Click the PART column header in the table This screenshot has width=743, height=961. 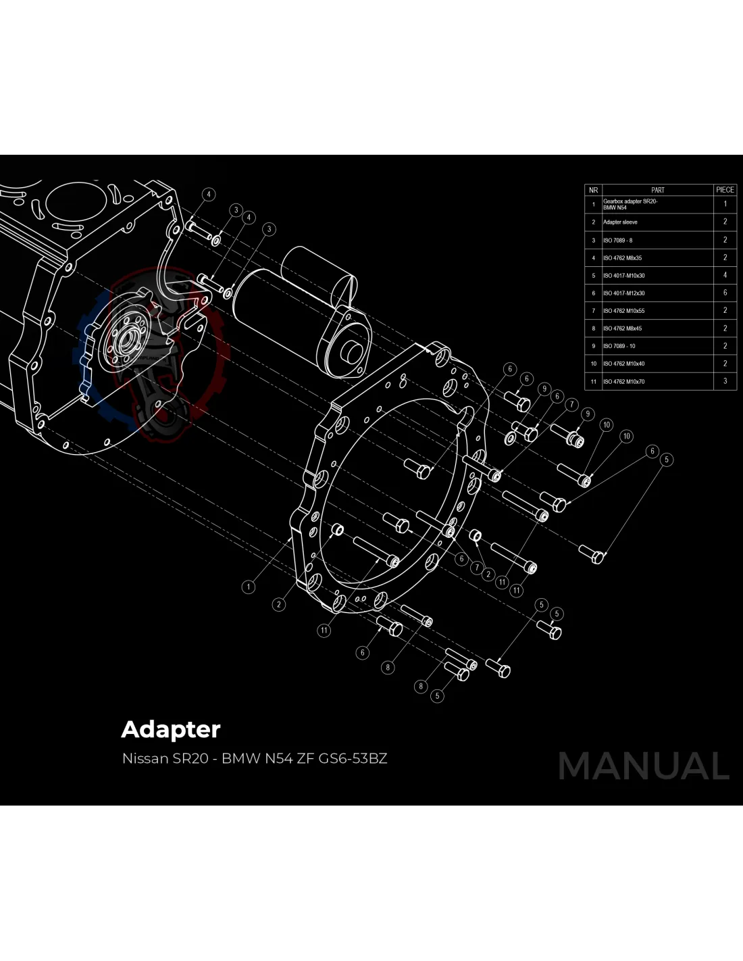[x=657, y=190]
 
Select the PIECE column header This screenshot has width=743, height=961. [x=725, y=190]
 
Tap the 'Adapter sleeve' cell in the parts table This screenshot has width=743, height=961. [x=620, y=222]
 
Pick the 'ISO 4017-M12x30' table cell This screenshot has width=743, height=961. [x=623, y=293]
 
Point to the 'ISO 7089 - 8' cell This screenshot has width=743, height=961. [x=617, y=240]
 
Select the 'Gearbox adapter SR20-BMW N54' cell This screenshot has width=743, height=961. [x=630, y=204]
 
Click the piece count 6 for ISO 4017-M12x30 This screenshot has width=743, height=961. [x=725, y=293]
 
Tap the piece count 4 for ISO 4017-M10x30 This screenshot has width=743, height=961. [x=725, y=275]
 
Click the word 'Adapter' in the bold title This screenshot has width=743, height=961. [x=171, y=730]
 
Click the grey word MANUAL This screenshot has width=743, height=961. [x=644, y=766]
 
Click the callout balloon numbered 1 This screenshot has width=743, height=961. [x=249, y=587]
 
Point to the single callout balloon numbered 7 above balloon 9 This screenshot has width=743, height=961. [x=571, y=404]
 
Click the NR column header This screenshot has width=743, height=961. [x=593, y=190]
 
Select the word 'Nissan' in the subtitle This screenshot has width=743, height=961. [x=145, y=758]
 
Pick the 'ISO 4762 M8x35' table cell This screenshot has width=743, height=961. [x=622, y=257]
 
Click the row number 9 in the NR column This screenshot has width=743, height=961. [x=593, y=346]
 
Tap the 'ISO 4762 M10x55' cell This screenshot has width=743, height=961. [x=623, y=311]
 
